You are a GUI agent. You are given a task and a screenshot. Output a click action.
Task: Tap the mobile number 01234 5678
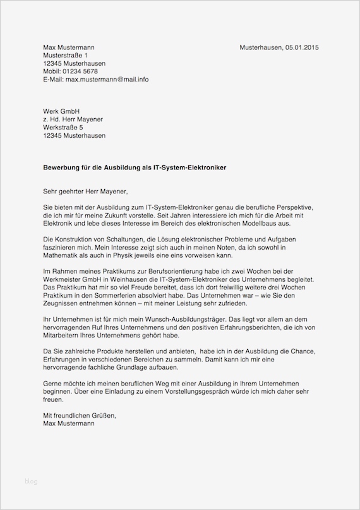click(80, 71)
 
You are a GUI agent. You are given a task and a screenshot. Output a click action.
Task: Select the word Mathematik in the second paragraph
click(63, 255)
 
